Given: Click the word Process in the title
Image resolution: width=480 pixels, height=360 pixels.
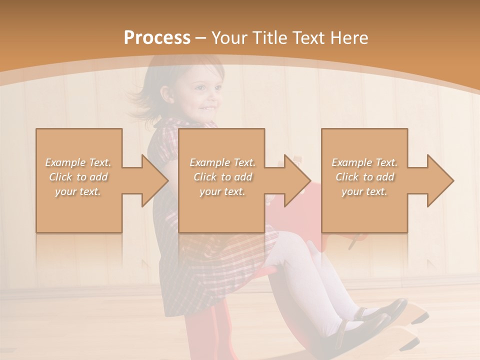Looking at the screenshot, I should click(x=157, y=38).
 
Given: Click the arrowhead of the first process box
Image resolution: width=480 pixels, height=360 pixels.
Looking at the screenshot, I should click(x=155, y=180).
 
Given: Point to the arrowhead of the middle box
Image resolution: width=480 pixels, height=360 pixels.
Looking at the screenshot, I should click(x=298, y=180).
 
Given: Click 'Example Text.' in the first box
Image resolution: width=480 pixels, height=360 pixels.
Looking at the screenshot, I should click(x=78, y=162).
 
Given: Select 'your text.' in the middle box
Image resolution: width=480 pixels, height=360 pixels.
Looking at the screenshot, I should click(x=222, y=191).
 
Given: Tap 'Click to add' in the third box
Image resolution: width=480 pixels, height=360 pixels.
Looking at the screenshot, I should click(x=365, y=177).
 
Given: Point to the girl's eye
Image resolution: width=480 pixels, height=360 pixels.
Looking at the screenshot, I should click(x=201, y=88).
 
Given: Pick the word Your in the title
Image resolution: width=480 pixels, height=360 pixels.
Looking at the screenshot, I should click(x=229, y=38).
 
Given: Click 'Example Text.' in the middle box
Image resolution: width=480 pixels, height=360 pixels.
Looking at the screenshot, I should click(x=222, y=162).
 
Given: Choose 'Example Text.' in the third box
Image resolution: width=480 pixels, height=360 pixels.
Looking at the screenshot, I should click(x=364, y=162).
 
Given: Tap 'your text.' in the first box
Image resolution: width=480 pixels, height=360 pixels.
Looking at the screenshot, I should click(x=78, y=191).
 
